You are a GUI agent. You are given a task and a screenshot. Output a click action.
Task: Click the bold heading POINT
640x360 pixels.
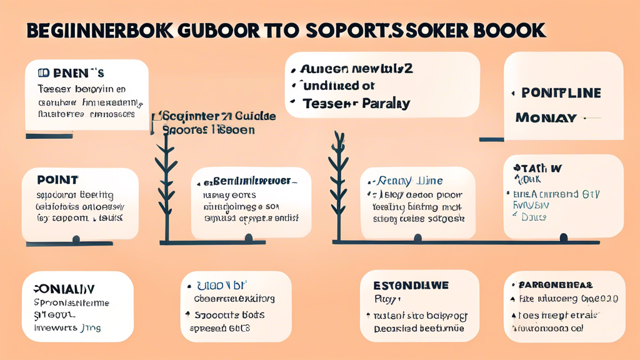tap(57, 180)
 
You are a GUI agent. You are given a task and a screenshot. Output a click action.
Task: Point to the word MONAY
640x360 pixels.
tap(545, 117)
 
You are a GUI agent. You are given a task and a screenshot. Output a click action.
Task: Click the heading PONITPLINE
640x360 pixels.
tap(561, 93)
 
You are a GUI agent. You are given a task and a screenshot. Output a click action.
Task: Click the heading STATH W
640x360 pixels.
tap(537, 168)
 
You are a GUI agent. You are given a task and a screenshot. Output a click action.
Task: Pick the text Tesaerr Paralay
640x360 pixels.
tap(356, 104)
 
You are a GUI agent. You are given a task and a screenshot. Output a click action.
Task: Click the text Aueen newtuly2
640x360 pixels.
tap(356, 68)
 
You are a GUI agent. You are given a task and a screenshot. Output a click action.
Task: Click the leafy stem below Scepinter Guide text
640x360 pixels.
tap(166, 181)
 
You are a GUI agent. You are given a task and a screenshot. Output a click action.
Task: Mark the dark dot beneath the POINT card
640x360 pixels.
tap(76, 239)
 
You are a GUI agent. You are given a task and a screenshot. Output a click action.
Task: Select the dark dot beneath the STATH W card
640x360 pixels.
tap(564, 237)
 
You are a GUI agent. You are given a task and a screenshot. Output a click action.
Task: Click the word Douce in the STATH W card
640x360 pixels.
tap(534, 217)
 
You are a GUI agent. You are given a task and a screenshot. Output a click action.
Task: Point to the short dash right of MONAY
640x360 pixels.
tap(591, 117)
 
